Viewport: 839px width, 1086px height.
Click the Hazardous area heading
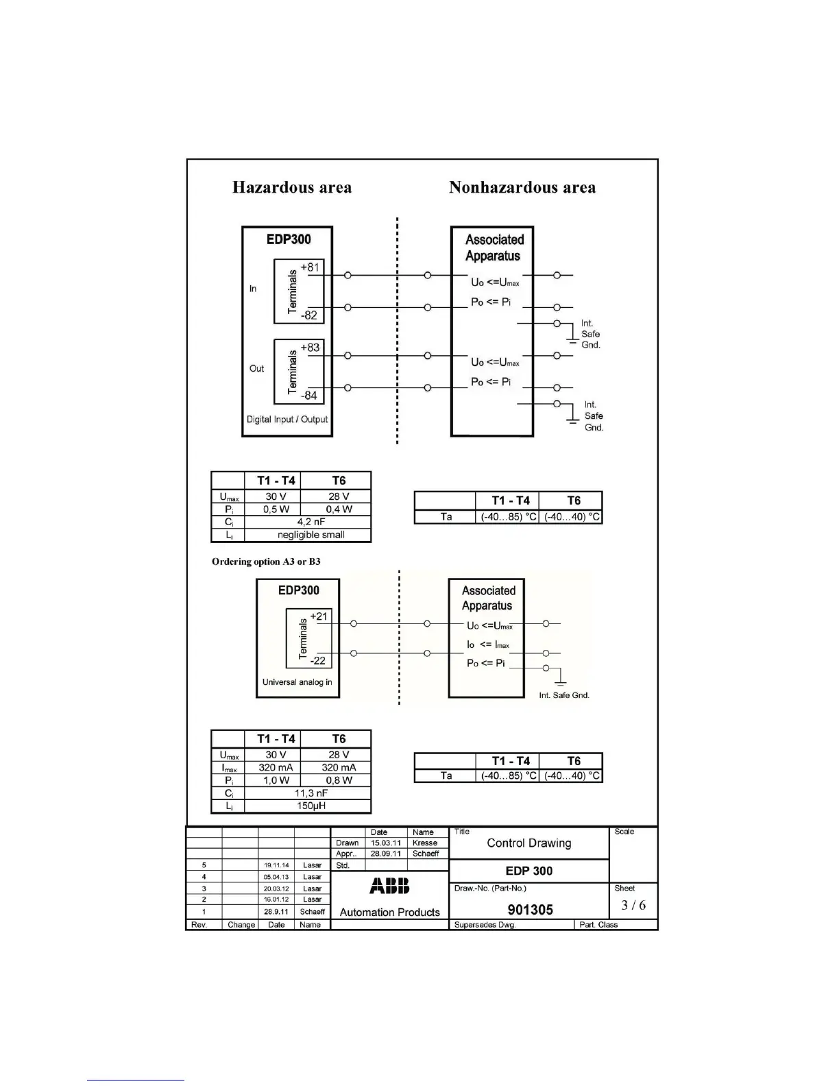pyautogui.click(x=292, y=187)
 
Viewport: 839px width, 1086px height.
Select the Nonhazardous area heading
pyautogui.click(x=522, y=187)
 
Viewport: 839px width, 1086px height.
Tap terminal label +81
pyautogui.click(x=310, y=267)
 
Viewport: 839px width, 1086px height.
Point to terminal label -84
pyautogui.click(x=309, y=396)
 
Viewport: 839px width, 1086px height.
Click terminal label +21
pyautogui.click(x=319, y=616)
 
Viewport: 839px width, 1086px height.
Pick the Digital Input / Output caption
pyautogui.click(x=287, y=420)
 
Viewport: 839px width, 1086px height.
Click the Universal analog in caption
pyautogui.click(x=297, y=682)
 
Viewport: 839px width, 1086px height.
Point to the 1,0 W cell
pyautogui.click(x=276, y=780)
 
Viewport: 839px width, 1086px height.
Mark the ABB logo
pyautogui.click(x=389, y=886)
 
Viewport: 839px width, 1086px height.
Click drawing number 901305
pyautogui.click(x=530, y=910)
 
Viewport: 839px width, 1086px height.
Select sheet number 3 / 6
pyautogui.click(x=633, y=905)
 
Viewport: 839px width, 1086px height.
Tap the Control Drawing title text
pyautogui.click(x=528, y=843)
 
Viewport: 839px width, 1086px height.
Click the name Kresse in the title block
pyautogui.click(x=425, y=843)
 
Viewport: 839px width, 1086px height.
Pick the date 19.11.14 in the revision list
pyautogui.click(x=276, y=865)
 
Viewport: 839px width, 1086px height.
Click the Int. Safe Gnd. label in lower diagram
pyautogui.click(x=564, y=695)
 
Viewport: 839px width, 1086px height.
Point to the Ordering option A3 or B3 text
pyautogui.click(x=266, y=562)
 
